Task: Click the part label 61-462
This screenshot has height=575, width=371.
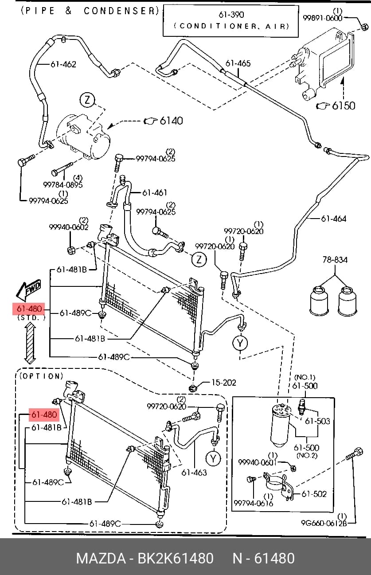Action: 63,64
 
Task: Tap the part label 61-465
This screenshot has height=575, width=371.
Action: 238,63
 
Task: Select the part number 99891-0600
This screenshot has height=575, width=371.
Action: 323,18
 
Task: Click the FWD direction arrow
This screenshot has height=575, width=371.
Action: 28,290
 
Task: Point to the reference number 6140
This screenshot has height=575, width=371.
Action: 171,121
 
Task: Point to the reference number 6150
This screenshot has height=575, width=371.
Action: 344,106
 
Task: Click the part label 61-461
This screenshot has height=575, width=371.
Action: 154,192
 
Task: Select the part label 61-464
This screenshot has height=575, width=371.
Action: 333,219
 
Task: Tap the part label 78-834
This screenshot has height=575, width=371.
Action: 335,260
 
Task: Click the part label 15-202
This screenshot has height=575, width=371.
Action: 224,383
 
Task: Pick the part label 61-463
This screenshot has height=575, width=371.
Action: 194,473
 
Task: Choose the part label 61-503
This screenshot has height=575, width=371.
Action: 317,421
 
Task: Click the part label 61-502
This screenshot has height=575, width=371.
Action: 314,493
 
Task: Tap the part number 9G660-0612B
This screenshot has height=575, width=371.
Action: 324,523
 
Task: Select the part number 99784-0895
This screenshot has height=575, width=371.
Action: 63,184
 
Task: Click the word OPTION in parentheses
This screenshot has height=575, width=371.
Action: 41,376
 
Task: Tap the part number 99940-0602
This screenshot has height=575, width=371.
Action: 69,227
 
